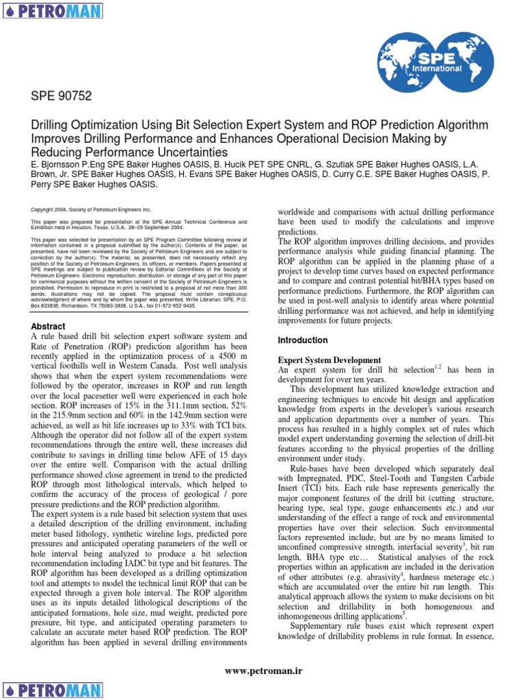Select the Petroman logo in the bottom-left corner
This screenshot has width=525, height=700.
click(x=52, y=689)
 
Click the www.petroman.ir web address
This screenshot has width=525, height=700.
click(x=263, y=672)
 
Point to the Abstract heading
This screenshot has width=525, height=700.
click(x=49, y=327)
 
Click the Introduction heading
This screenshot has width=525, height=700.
click(x=302, y=340)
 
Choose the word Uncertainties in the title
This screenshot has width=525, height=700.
click(x=178, y=152)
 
